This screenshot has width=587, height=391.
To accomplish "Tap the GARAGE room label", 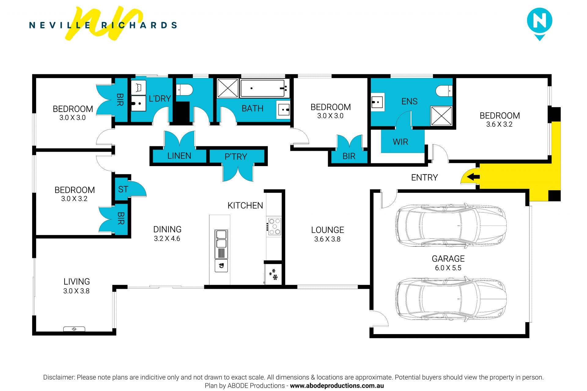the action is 448,259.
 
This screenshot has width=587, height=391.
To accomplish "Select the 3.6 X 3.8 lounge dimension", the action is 327,239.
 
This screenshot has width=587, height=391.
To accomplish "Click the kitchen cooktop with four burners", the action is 274,226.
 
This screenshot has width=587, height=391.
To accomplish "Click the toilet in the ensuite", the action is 444,91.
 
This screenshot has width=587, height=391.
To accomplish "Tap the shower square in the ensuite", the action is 441,116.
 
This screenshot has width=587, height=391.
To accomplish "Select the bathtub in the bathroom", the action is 264,88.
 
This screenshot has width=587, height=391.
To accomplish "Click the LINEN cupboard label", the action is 179,156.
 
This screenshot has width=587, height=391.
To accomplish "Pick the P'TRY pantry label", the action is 236,157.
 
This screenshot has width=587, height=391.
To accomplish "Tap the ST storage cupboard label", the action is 123,189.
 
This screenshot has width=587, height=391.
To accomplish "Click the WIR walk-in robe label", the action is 400,142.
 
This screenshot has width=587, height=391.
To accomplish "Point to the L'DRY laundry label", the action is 160,99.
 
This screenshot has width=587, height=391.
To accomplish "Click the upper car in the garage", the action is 451,225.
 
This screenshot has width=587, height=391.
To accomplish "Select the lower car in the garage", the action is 451,300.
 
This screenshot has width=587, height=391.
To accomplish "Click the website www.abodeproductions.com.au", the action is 337,386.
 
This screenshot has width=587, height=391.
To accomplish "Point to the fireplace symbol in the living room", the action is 74,329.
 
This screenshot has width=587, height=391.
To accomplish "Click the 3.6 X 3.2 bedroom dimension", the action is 499,125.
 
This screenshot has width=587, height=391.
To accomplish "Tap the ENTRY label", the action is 424,177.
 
